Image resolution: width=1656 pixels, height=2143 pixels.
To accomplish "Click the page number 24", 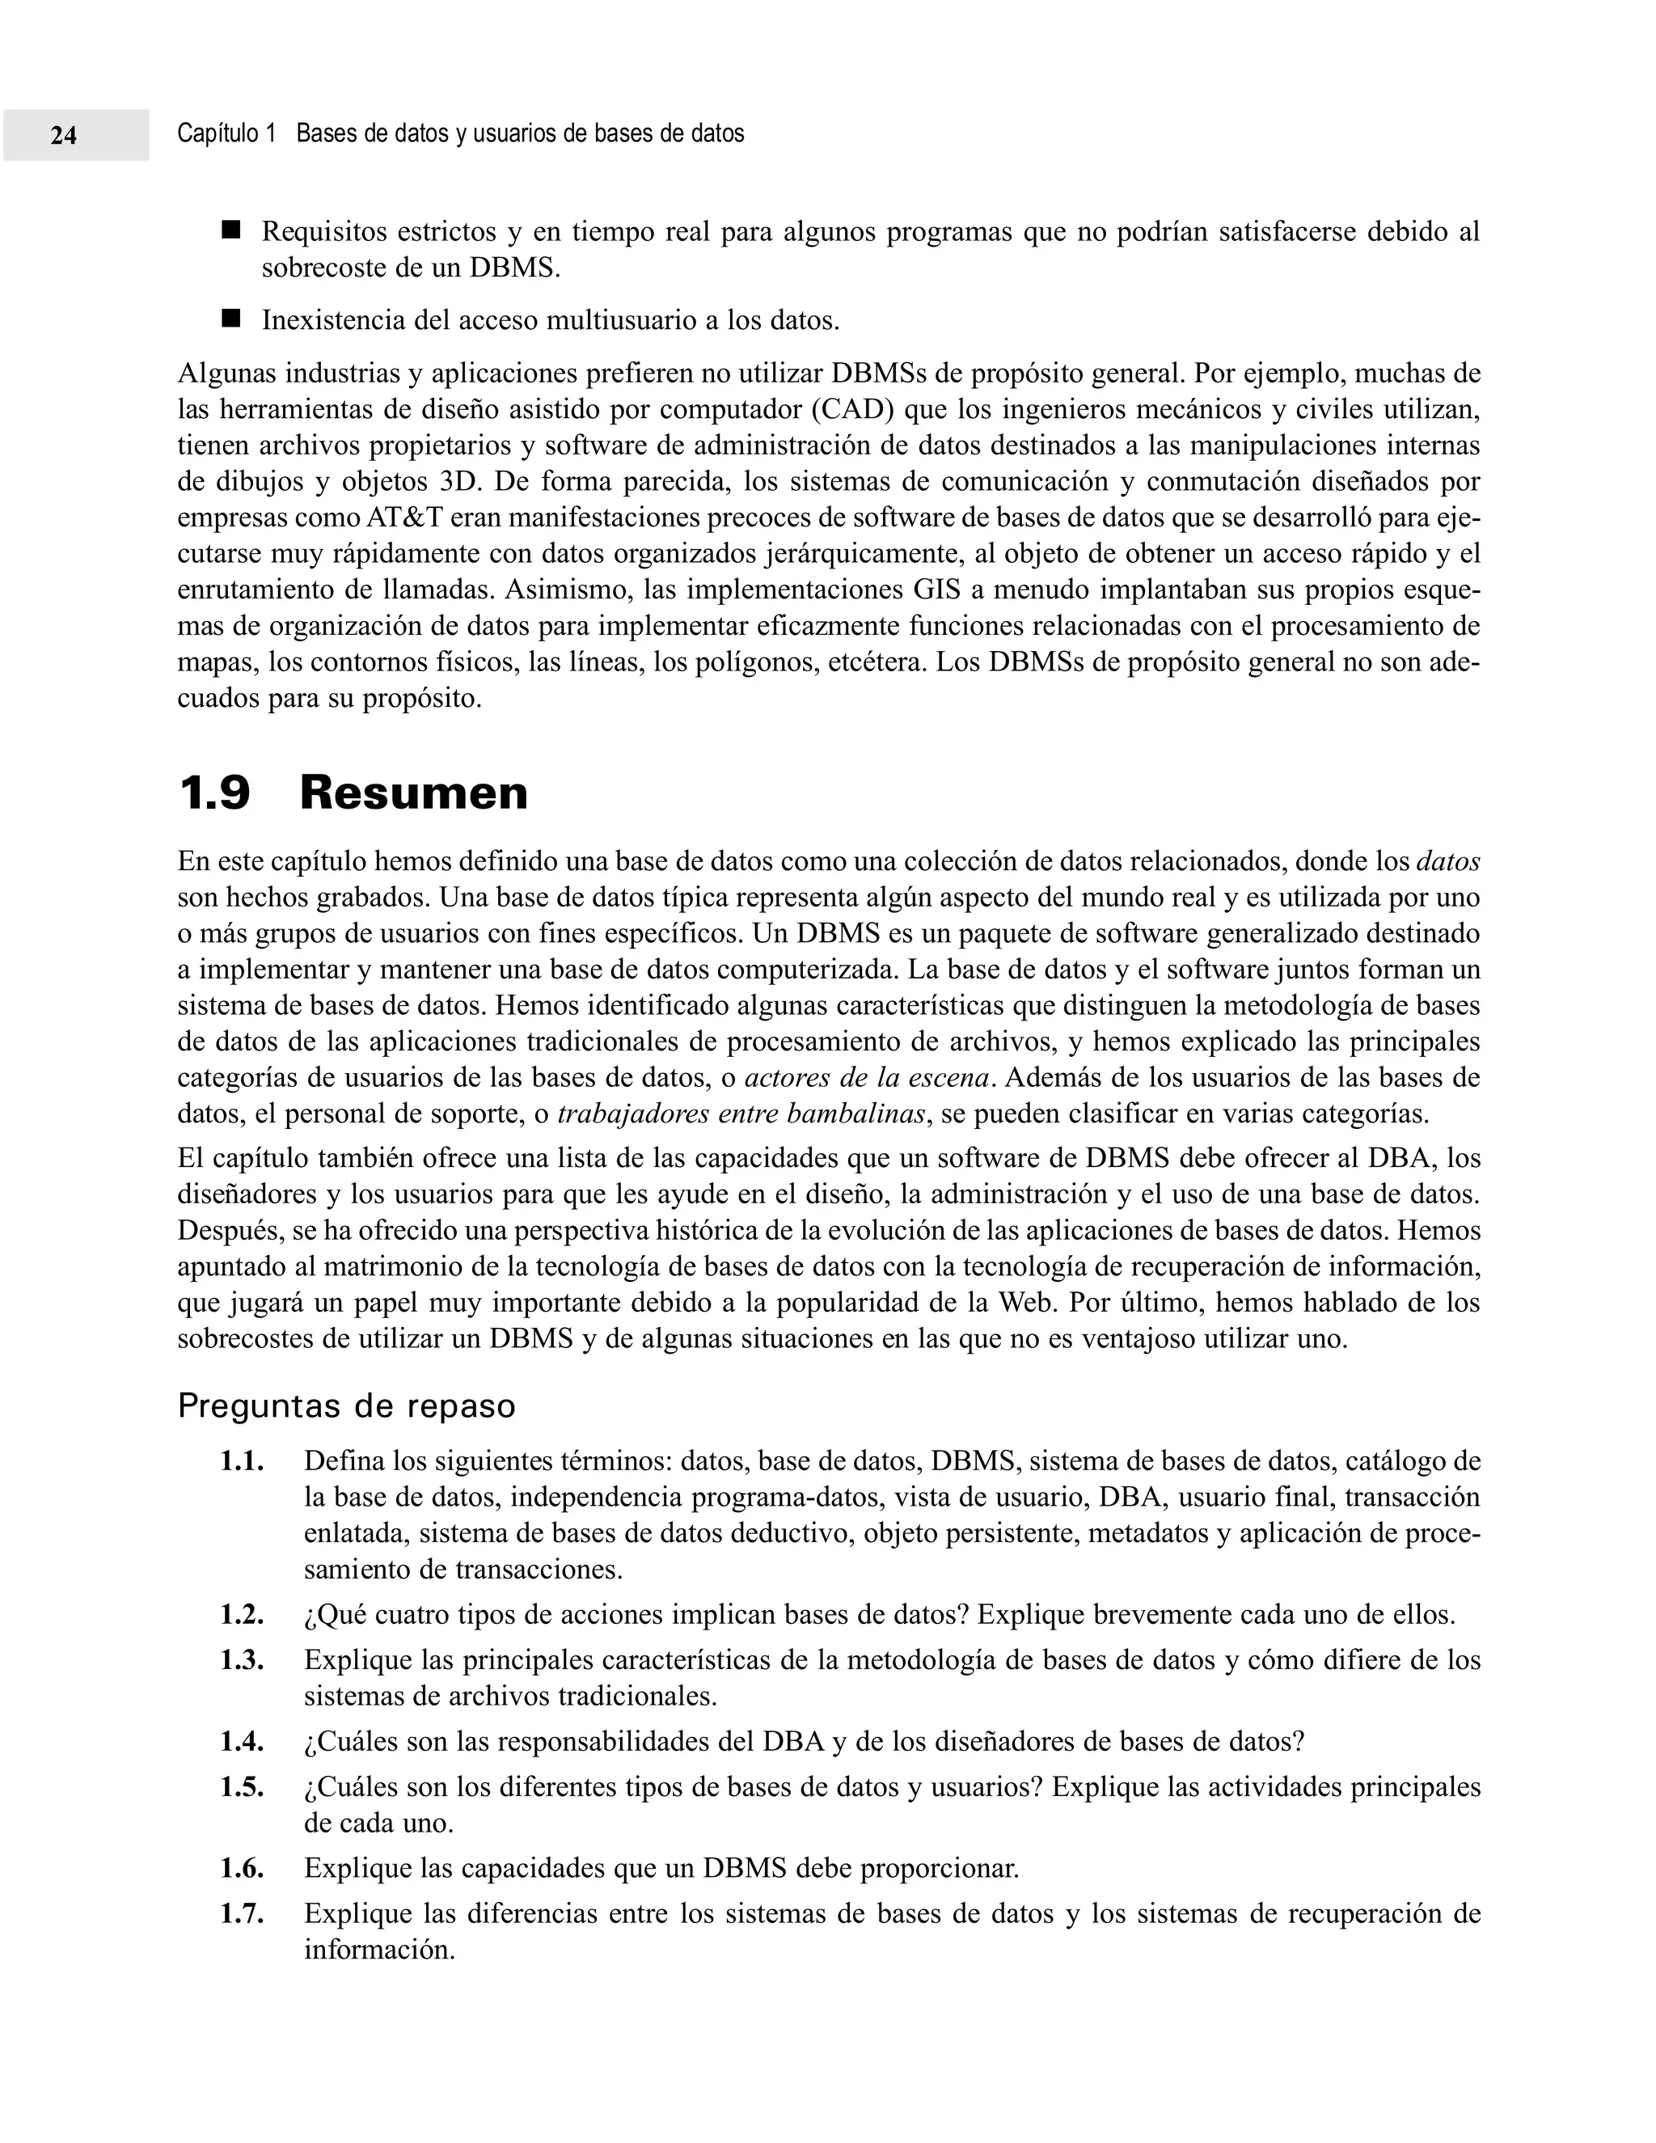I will (64, 135).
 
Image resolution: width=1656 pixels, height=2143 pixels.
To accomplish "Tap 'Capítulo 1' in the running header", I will (226, 133).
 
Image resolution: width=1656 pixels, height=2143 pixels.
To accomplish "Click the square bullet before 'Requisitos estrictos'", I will (230, 230).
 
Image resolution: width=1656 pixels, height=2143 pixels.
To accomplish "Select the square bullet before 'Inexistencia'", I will (230, 319).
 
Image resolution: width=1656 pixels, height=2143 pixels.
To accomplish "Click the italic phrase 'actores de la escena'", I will (866, 1078).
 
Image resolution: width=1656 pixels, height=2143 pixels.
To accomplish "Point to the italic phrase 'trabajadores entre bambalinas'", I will (741, 1114).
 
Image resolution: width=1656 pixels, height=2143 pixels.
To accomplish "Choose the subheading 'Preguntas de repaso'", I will (346, 1406).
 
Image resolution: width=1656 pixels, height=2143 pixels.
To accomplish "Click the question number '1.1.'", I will (241, 1462).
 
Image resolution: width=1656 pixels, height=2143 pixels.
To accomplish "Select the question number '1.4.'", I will (241, 1742).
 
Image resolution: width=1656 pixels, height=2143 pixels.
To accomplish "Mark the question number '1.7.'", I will (241, 1913).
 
